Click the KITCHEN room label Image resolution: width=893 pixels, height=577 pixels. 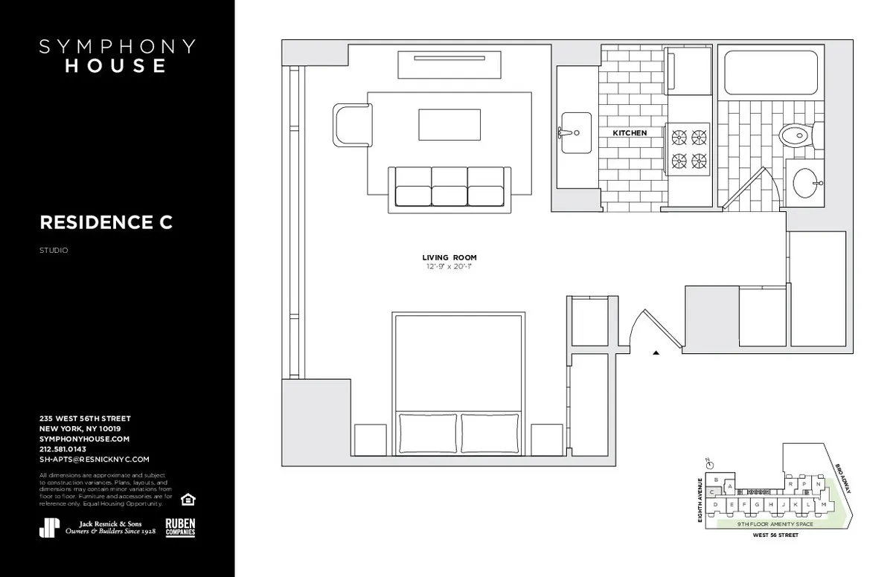tap(630, 133)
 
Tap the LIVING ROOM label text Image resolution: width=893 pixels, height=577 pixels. tap(449, 257)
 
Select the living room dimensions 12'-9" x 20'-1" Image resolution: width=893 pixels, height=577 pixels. tap(449, 265)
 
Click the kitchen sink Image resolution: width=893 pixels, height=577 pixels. tap(575, 133)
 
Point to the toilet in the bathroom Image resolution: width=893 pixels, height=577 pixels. tap(795, 136)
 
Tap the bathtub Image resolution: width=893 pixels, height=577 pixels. tap(770, 72)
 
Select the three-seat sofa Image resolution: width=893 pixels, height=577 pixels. tap(449, 188)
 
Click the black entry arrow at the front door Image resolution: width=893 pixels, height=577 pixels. tap(656, 353)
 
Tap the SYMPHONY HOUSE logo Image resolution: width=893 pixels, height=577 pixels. tap(117, 56)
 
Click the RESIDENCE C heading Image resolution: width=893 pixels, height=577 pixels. tap(106, 222)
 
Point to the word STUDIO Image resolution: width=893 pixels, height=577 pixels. tap(54, 251)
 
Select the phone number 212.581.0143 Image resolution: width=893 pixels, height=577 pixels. tap(63, 449)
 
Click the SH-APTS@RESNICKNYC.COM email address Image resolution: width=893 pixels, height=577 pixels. tap(95, 460)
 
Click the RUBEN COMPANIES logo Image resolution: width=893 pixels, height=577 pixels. tap(180, 527)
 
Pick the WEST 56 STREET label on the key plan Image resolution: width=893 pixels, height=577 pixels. tap(775, 535)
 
